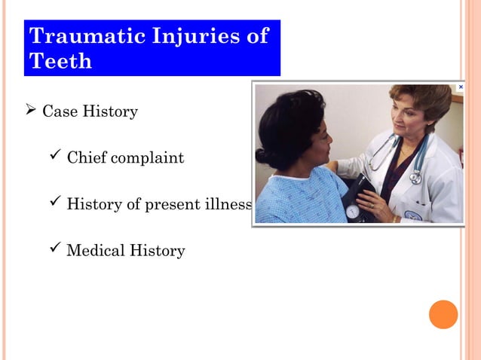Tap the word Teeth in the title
click(x=60, y=61)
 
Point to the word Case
click(x=58, y=112)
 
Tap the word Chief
click(x=85, y=158)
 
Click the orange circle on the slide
click(x=443, y=314)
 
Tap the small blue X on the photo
click(x=460, y=87)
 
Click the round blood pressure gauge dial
click(x=352, y=212)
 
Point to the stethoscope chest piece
click(x=415, y=178)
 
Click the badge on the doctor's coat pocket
click(x=413, y=215)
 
